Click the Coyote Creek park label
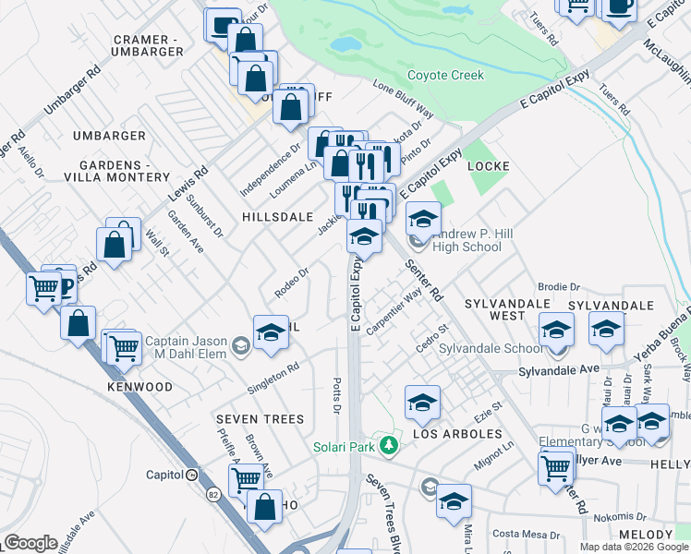445,76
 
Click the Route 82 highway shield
212,496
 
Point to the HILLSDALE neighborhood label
277,216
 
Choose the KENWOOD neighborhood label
139,386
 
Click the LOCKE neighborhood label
490,166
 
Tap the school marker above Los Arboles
422,403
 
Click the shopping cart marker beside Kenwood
125,349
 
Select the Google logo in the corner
31,543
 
